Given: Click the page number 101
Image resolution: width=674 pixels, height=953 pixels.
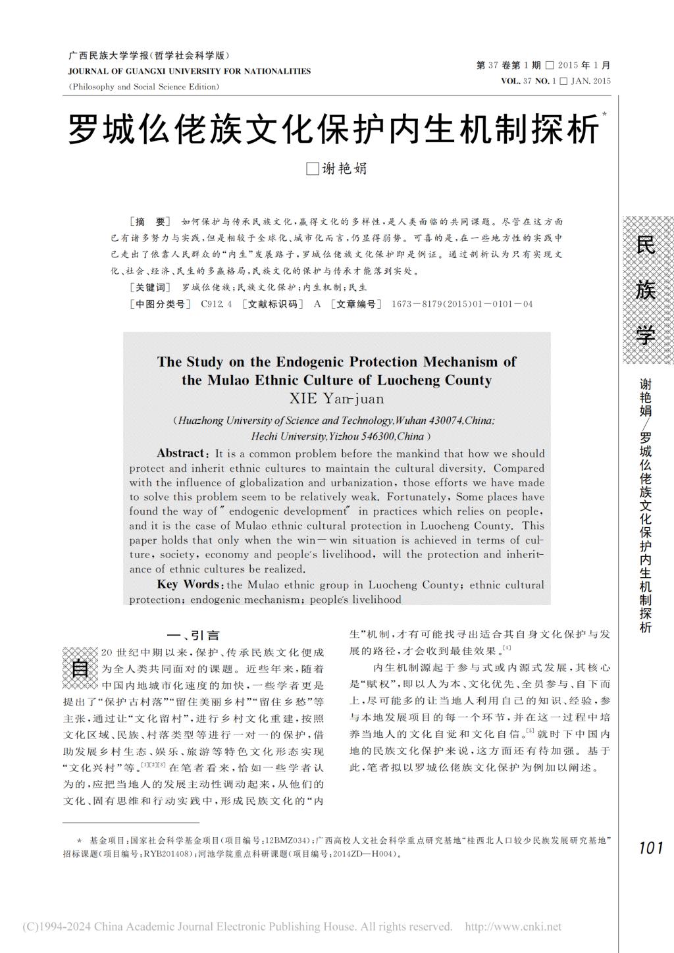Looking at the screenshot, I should pyautogui.click(x=650, y=848).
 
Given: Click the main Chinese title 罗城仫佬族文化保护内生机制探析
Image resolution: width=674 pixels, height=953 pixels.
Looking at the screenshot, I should pyautogui.click(x=334, y=130).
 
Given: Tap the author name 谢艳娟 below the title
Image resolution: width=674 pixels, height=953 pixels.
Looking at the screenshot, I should pyautogui.click(x=344, y=168).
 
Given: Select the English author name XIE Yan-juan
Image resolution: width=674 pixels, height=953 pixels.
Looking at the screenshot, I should pyautogui.click(x=336, y=398).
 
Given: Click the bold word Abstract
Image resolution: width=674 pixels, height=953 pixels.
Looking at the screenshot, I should pyautogui.click(x=181, y=453).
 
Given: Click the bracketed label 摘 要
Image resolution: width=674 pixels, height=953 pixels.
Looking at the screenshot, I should pyautogui.click(x=150, y=222).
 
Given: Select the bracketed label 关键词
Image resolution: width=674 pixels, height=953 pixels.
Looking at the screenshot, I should pyautogui.click(x=151, y=288).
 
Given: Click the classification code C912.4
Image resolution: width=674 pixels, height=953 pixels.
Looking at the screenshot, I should pyautogui.click(x=217, y=304).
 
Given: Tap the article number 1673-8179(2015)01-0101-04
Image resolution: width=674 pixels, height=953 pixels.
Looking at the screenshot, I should pyautogui.click(x=462, y=304).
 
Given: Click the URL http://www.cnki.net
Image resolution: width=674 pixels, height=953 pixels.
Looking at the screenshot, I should pyautogui.click(x=513, y=927).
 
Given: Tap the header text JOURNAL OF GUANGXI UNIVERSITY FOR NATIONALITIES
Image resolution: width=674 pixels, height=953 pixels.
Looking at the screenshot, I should pyautogui.click(x=190, y=71).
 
